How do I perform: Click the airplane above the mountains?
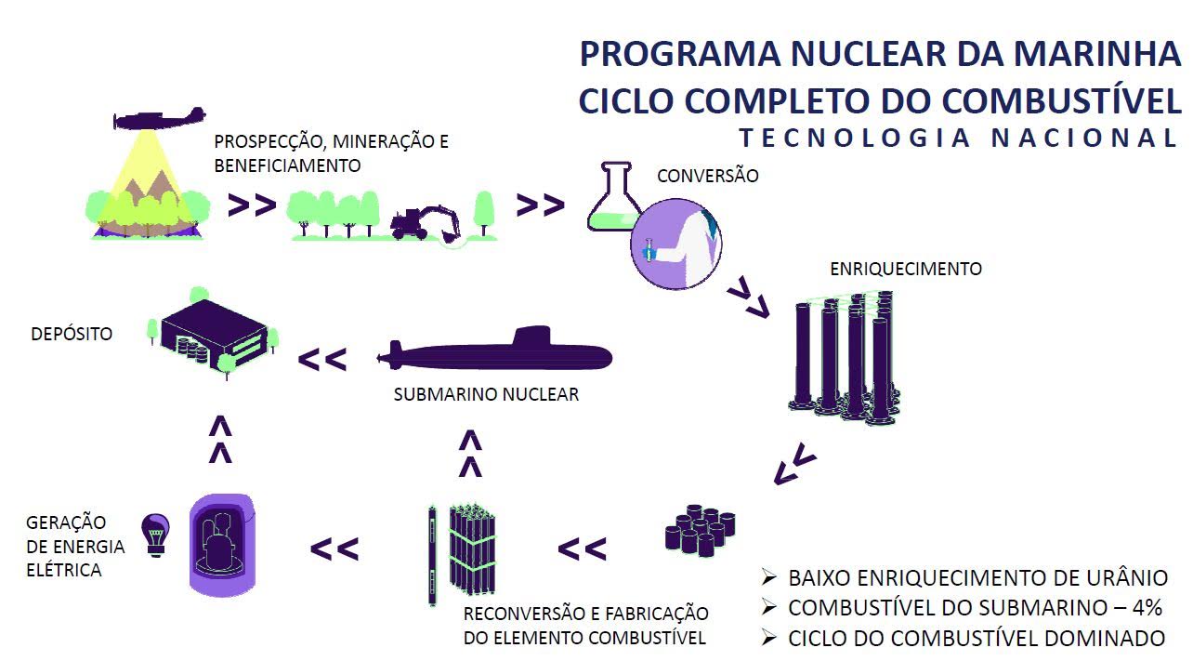[159, 119]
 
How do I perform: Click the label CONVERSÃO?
[707, 176]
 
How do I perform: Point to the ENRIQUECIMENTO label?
[905, 269]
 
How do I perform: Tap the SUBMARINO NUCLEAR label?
[486, 394]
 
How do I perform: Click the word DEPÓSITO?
[72, 334]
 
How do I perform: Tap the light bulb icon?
[154, 535]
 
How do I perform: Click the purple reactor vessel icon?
[224, 545]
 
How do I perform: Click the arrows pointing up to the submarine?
[471, 453]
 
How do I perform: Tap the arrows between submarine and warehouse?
[322, 359]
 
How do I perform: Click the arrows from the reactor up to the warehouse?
[220, 439]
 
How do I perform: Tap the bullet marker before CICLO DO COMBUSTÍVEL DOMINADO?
[768, 638]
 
